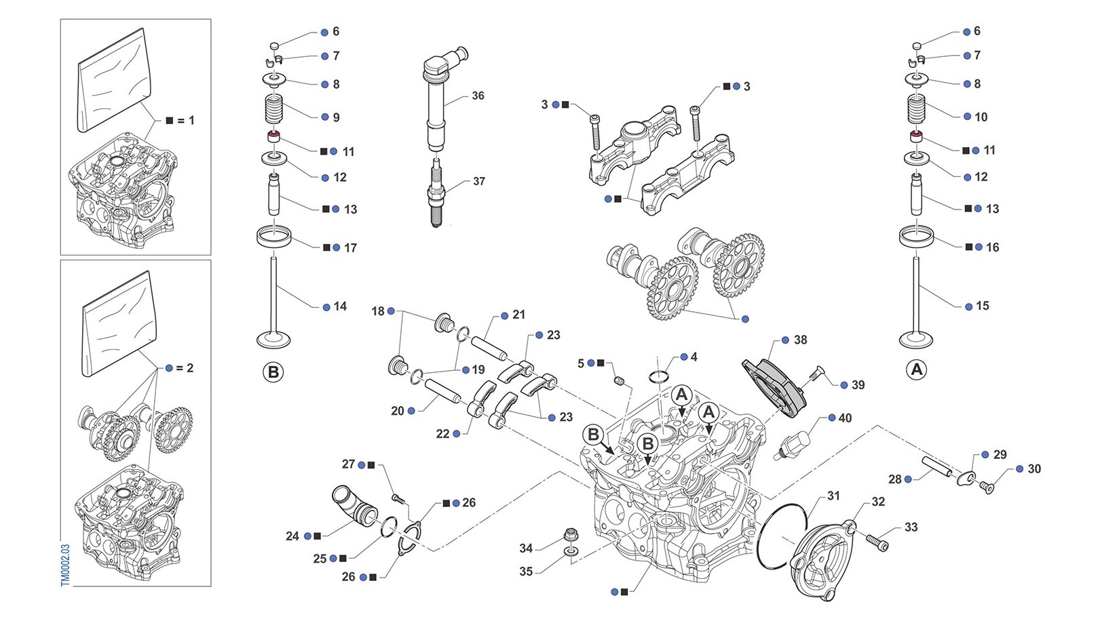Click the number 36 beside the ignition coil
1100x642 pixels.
tap(478, 96)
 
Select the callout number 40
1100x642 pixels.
tap(845, 418)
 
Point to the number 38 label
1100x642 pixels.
tap(800, 340)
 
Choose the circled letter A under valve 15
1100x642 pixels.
tap(917, 370)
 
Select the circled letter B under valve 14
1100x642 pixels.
tap(273, 372)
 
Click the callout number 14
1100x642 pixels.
tap(340, 306)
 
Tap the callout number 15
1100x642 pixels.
tap(982, 306)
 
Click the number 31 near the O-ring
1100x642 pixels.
tap(833, 496)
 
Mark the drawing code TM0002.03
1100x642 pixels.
tap(65, 565)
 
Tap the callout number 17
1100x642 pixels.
tap(350, 247)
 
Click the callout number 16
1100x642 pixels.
tap(992, 247)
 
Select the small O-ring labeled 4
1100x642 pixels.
tap(661, 376)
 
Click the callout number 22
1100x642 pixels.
tap(442, 434)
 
